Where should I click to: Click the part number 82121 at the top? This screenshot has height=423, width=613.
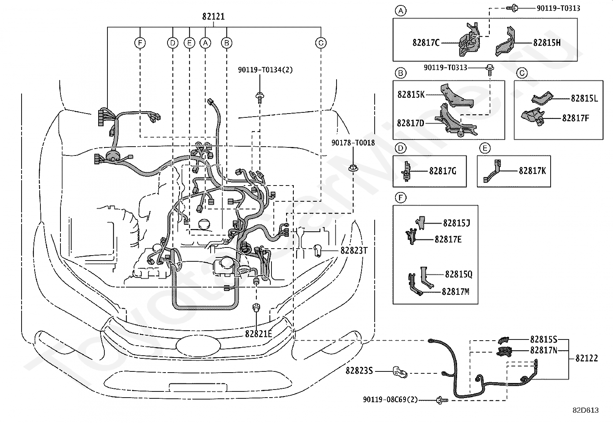[x=213, y=17]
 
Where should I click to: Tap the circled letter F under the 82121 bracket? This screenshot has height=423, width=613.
[x=140, y=43]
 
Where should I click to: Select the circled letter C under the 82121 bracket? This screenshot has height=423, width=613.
[x=321, y=43]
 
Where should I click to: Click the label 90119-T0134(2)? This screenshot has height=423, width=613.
[x=265, y=70]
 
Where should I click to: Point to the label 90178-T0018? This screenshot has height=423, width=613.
[x=353, y=143]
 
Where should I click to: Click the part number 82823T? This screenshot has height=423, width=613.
[x=354, y=250]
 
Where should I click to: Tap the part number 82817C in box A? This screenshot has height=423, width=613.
[x=426, y=43]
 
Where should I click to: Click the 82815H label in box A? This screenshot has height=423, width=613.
[x=547, y=43]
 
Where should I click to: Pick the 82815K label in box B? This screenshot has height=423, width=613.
[x=411, y=95]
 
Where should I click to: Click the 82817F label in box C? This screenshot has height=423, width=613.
[x=576, y=118]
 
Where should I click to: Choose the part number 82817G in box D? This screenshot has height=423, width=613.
[x=442, y=171]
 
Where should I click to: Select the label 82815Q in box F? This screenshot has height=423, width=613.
[x=459, y=274]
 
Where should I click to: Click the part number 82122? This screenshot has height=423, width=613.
[x=587, y=358]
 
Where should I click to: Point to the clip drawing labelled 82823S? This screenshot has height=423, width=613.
[x=400, y=372]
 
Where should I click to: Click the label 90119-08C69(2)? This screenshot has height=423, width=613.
[x=390, y=400]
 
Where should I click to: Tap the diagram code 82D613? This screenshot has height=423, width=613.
[x=586, y=410]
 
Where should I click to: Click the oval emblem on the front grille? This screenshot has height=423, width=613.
[x=198, y=346]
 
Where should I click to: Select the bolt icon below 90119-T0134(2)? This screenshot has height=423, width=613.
[x=260, y=98]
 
